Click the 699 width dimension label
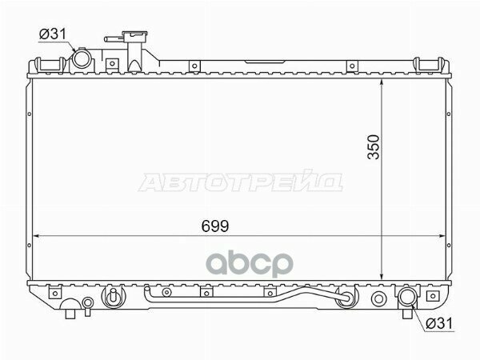215,226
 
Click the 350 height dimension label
374,147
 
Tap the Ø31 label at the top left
53,34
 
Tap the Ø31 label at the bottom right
439,323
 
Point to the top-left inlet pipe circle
82,58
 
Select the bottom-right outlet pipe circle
407,296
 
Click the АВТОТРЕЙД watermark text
241,182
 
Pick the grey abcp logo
250,263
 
